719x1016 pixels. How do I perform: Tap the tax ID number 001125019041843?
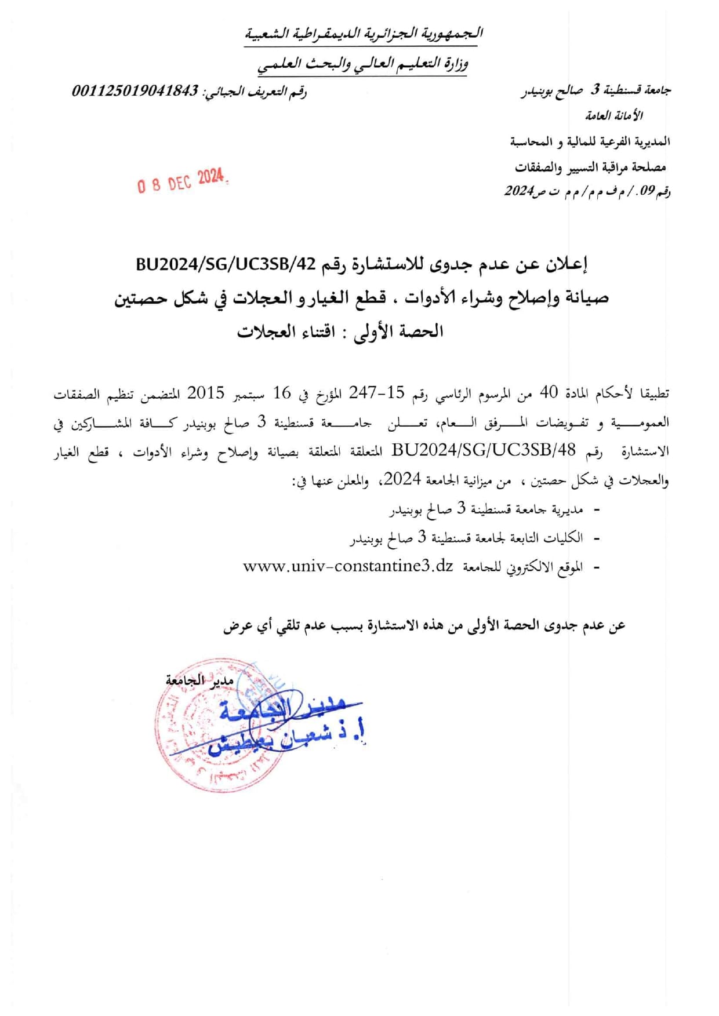coord(135,91)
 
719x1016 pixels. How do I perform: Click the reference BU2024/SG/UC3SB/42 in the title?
coord(226,264)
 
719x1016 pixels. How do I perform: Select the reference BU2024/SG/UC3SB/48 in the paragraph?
coord(484,450)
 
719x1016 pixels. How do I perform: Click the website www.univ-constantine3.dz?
coord(348,566)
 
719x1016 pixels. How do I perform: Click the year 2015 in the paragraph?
coord(205,394)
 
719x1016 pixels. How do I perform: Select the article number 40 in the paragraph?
coord(549,394)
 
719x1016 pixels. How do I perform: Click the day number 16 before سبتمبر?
coord(282,394)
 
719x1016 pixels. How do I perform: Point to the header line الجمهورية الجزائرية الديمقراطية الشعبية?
coord(364,34)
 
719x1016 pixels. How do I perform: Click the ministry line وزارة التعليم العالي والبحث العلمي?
coord(363,64)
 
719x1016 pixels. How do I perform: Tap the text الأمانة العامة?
coord(614,116)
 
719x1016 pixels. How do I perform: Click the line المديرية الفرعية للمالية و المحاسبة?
coord(590,141)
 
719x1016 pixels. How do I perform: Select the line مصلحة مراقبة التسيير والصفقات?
coord(590,167)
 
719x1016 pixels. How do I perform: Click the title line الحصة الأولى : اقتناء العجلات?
coord(340,332)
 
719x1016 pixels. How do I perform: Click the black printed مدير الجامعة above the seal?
coord(199,680)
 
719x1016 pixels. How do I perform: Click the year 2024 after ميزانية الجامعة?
coord(402,480)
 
